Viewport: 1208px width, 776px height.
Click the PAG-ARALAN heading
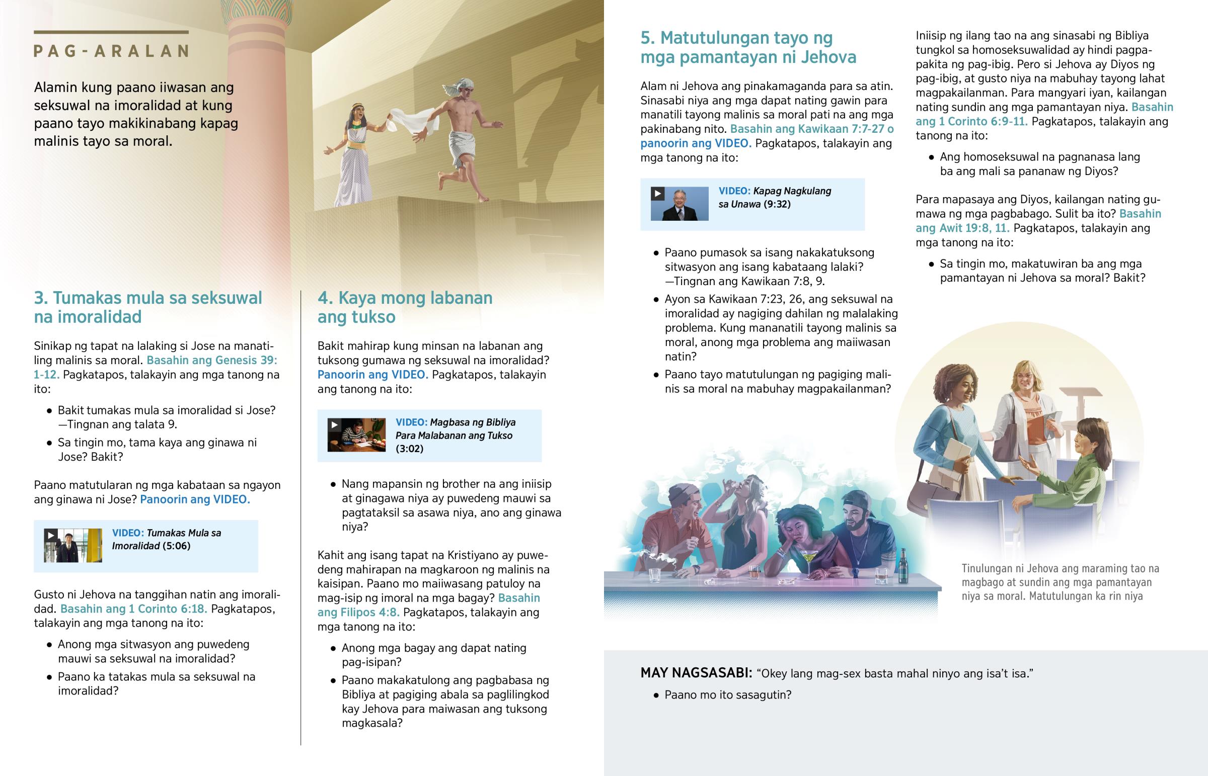[x=111, y=51]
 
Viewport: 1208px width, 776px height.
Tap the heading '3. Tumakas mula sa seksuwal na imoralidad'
[x=147, y=307]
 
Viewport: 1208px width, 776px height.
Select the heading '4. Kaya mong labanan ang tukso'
[x=405, y=307]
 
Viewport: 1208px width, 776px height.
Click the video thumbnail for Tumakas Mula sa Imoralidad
[x=72, y=545]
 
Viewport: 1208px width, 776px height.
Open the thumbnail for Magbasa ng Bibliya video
[x=356, y=435]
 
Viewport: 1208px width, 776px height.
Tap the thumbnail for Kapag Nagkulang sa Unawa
[x=679, y=204]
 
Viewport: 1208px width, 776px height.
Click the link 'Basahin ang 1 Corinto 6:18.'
[x=133, y=609]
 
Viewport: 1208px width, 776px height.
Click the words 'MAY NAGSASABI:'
[x=696, y=673]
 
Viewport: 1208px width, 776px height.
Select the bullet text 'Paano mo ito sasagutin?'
[x=727, y=695]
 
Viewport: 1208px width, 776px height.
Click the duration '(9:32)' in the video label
[x=777, y=204]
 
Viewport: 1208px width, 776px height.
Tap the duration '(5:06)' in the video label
[x=177, y=546]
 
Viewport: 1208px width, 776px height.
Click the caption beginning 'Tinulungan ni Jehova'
[x=1060, y=582]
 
